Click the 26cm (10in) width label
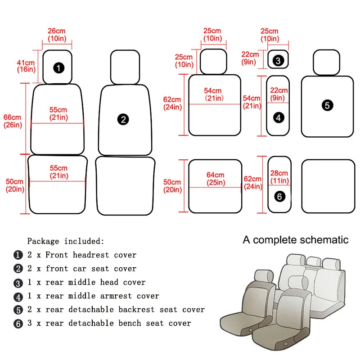(57, 35)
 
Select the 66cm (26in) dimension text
(13, 121)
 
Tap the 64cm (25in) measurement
(215, 179)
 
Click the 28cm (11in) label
(279, 177)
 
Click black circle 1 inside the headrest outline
(58, 68)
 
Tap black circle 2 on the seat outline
(123, 119)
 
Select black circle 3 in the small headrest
(278, 60)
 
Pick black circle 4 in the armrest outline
(279, 117)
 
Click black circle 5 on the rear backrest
(328, 105)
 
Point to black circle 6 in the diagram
(279, 197)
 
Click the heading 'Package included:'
(66, 241)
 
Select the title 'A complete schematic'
(296, 240)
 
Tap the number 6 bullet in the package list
(18, 324)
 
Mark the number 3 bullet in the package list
(18, 283)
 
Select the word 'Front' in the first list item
(57, 255)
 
